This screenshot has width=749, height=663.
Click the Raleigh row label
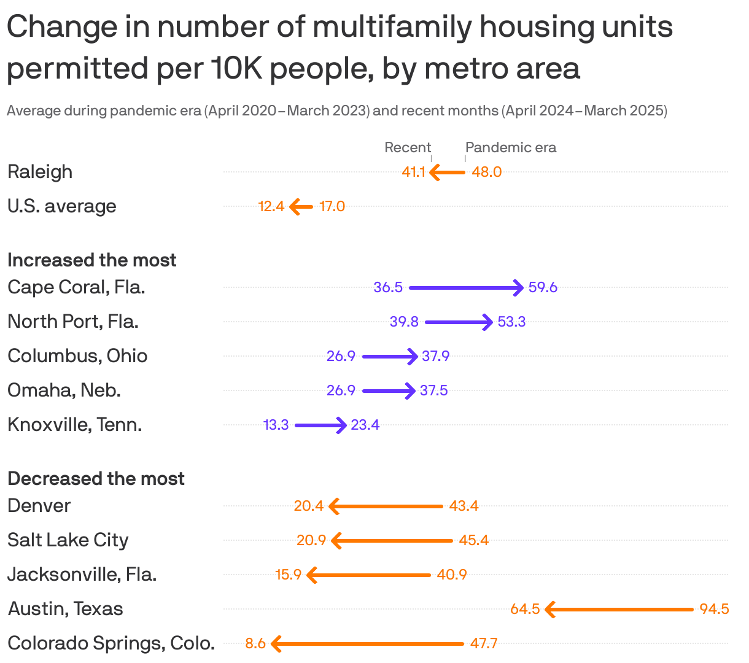pos(40,172)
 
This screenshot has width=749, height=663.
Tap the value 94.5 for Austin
pos(714,609)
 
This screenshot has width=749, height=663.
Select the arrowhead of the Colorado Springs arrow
pos(275,643)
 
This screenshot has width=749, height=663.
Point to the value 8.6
pos(255,643)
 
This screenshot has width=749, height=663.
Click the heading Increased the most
pos(92,260)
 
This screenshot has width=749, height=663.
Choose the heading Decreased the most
pos(96,479)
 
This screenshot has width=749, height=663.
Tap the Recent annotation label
pos(408,147)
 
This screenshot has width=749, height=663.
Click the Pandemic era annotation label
pos(511,147)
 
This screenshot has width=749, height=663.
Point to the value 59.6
pos(543,287)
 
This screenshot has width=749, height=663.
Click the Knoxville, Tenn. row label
pos(75,425)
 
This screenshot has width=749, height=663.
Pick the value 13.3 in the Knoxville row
pos(276,425)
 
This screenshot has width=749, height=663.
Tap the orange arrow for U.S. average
pos(301,207)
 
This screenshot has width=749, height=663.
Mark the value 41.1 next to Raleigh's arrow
pos(414,172)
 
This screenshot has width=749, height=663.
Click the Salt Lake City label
pos(68,540)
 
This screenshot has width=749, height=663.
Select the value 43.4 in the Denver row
pos(464,506)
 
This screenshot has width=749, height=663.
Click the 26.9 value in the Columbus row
pos(341,356)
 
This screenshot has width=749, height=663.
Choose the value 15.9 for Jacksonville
pos(289,575)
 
